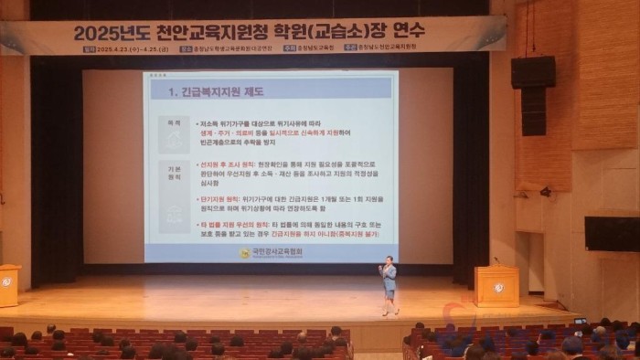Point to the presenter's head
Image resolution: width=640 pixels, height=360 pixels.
(x=390, y=261)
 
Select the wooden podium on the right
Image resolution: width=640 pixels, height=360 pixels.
(x=496, y=286)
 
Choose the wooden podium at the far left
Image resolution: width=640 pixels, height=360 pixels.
(x=8, y=285)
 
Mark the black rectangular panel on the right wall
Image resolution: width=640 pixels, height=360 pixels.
(x=612, y=234)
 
